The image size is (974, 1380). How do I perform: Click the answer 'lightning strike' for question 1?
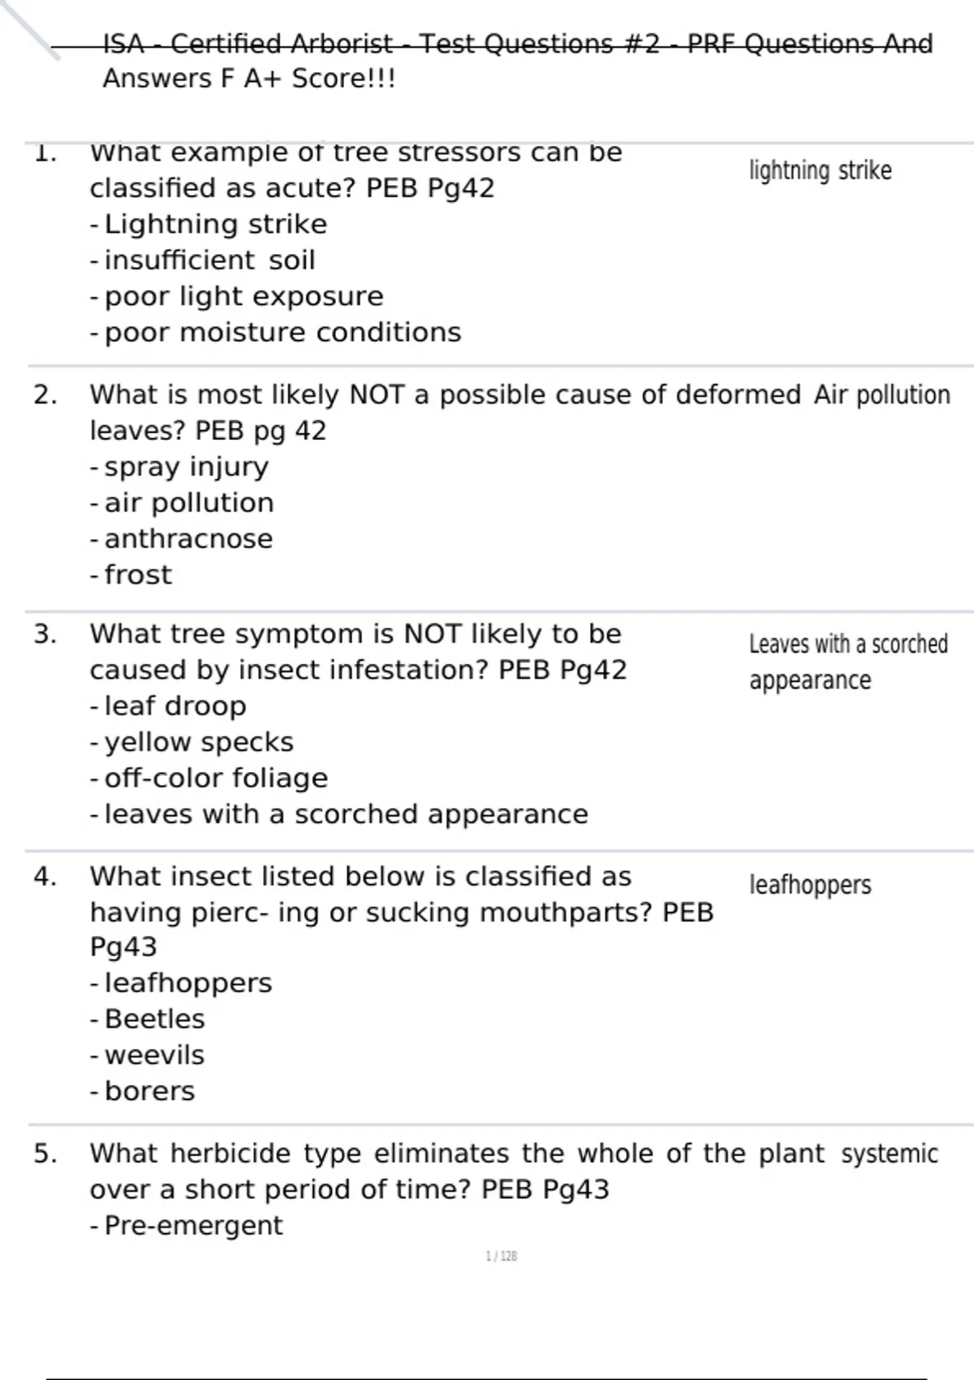point(820,170)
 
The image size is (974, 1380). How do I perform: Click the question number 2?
point(45,395)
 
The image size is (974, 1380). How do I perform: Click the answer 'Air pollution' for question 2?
point(881,395)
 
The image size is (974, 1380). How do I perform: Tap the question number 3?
point(45,634)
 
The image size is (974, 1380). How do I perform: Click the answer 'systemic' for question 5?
point(890,1154)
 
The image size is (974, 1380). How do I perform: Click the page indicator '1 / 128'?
point(501,1257)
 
